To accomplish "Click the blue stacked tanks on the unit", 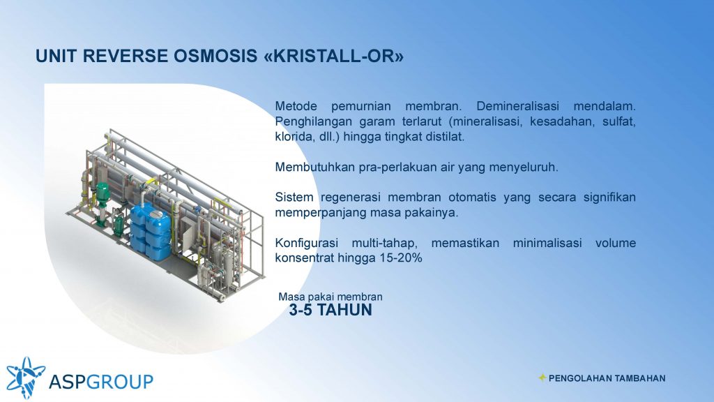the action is pyautogui.click(x=151, y=233).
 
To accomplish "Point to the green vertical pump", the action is pyautogui.click(x=102, y=203).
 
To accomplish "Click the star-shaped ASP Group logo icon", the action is pyautogui.click(x=25, y=378).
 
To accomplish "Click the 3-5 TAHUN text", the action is pyautogui.click(x=331, y=310).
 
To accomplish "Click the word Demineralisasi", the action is pyautogui.click(x=518, y=106).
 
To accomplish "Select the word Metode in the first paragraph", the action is pyautogui.click(x=296, y=106).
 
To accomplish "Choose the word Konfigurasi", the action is pyautogui.click(x=307, y=243).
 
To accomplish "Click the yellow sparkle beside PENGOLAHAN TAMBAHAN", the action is pyautogui.click(x=542, y=378).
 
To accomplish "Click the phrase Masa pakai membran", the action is pyautogui.click(x=331, y=297).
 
